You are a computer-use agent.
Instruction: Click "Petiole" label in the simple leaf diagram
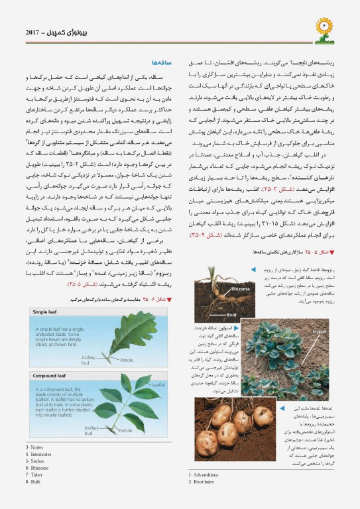click(x=126, y=360)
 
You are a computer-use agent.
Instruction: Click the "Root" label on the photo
click(x=231, y=314)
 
